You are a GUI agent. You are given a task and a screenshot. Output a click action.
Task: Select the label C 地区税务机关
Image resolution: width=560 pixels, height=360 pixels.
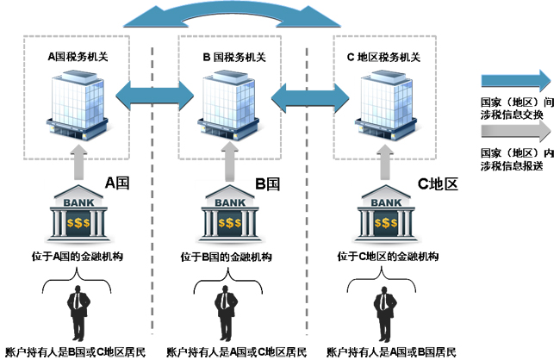(383, 58)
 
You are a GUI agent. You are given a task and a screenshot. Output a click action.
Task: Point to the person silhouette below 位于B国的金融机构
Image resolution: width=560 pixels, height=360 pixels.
(226, 315)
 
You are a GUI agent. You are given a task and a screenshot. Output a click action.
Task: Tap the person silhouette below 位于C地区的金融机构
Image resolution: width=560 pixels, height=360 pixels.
(381, 315)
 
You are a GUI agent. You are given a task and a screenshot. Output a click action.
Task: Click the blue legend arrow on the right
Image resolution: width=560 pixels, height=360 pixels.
(514, 81)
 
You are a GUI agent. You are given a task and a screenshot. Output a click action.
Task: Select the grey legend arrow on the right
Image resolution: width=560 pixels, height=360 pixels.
(514, 130)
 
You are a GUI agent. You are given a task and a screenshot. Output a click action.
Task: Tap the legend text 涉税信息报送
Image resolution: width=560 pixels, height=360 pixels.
(512, 165)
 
